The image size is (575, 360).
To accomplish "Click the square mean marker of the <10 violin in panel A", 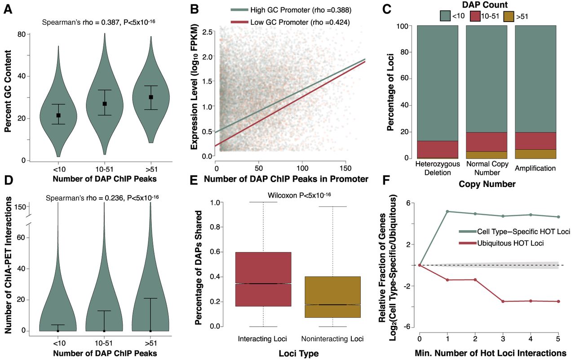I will coord(58,116).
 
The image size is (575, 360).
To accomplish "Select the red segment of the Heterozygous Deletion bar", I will coord(438,149).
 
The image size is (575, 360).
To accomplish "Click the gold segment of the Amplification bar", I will coord(535,154).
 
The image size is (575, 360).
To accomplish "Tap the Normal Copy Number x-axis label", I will coord(487,168).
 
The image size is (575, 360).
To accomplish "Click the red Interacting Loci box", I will coord(263,279).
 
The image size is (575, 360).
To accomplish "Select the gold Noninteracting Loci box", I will coord(332,297).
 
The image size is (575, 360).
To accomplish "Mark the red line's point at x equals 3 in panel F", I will coord(503,301).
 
